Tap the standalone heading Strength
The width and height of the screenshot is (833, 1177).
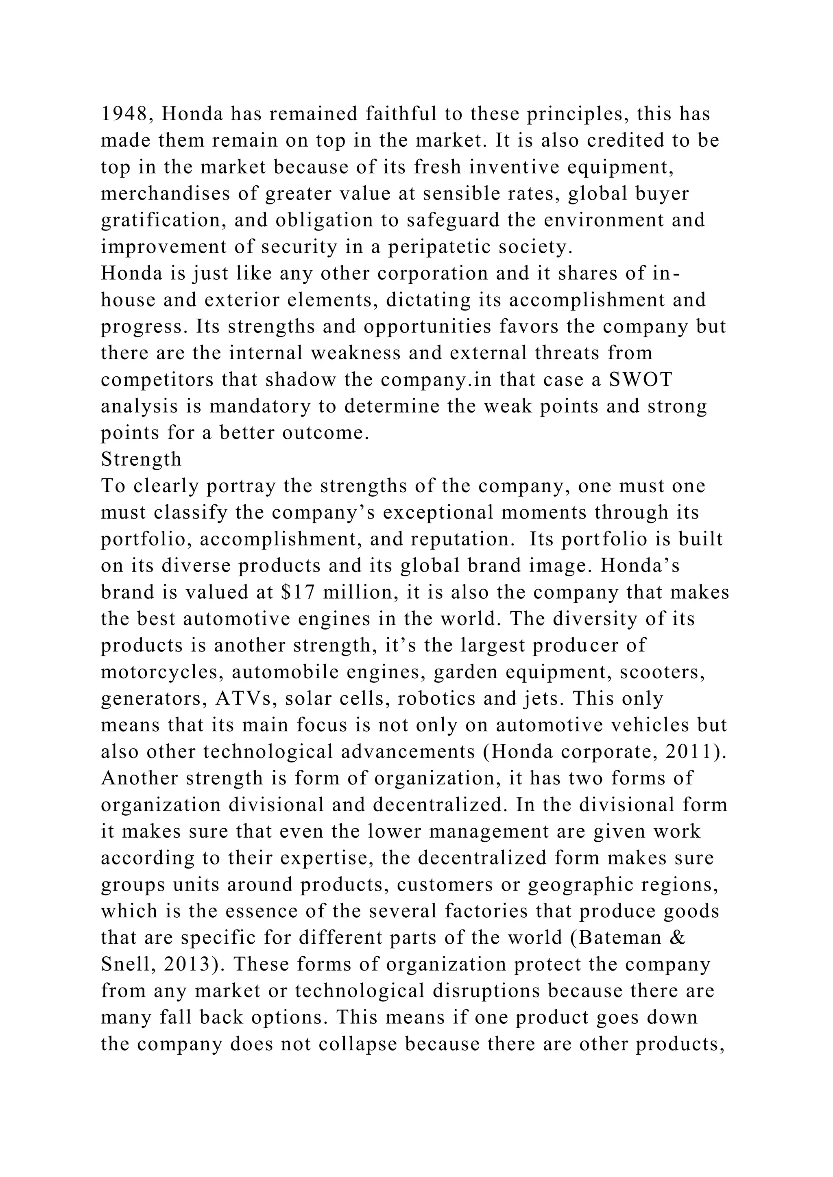coord(141,459)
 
